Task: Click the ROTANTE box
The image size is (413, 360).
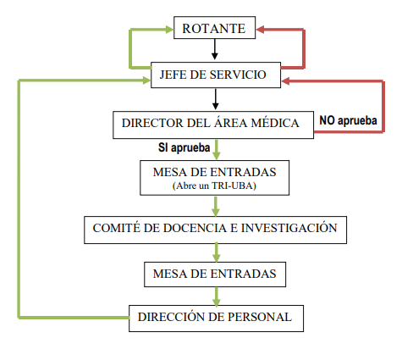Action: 213,29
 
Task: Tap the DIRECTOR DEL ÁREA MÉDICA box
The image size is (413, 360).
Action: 211,123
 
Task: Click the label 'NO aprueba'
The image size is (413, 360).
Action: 347,120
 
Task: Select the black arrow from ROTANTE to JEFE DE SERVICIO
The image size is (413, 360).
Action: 215,51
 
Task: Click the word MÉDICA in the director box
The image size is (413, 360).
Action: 276,123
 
